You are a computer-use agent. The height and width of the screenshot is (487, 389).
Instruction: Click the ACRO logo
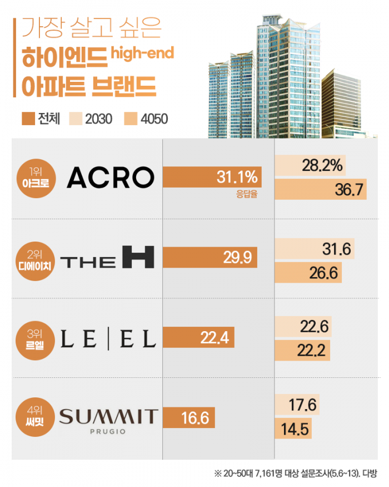110,178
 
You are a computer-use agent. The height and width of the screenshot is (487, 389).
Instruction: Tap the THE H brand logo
107,258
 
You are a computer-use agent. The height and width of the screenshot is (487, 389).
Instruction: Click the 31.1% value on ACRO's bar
237,178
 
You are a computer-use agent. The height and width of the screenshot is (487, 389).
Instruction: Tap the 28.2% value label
323,165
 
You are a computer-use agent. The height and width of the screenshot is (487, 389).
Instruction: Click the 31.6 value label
336,250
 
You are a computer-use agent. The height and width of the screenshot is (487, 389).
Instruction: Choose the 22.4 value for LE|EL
214,337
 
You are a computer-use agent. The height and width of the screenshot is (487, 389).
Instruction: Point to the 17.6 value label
303,405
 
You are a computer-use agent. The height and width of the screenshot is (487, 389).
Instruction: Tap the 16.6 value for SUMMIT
195,417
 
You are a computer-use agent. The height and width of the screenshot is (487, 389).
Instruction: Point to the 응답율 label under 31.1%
246,195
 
